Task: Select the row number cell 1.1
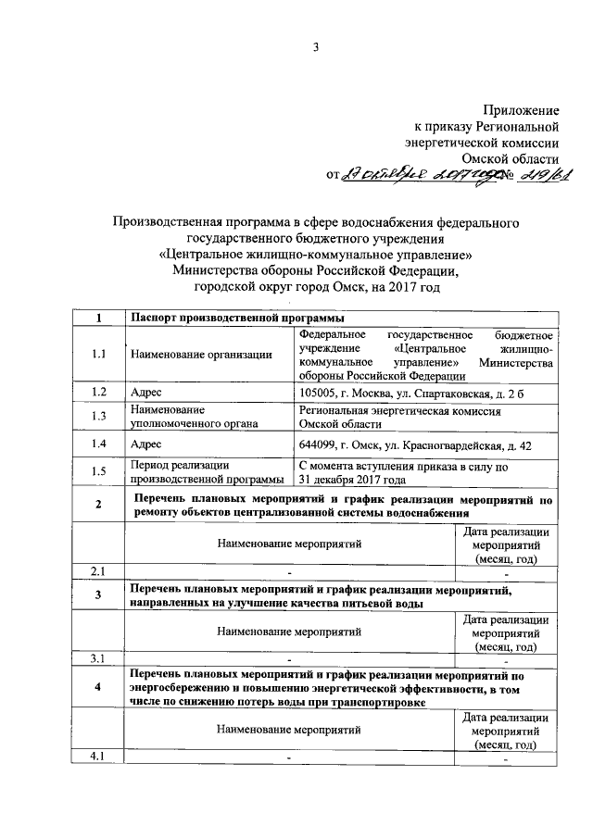pos(99,354)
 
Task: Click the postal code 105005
pos(319,393)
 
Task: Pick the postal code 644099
pos(319,445)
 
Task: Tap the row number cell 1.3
pos(99,416)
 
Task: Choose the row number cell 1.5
pos(99,472)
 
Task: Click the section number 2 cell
pos(99,506)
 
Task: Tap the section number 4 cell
pos(99,688)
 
